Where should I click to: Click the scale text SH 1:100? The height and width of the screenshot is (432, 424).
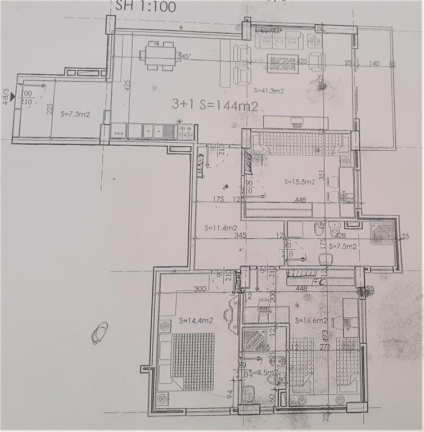(145, 7)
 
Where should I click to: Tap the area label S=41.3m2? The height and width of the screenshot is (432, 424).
(268, 89)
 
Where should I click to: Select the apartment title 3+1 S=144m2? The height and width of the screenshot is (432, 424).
(215, 105)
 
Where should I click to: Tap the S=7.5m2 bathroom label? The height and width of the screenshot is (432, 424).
(343, 246)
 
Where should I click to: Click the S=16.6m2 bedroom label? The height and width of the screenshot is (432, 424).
(310, 320)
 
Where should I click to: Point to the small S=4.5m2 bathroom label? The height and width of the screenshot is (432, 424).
(264, 372)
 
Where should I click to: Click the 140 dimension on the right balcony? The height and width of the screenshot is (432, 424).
(375, 64)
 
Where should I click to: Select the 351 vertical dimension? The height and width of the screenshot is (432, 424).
(322, 175)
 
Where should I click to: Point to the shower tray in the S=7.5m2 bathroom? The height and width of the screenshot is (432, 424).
(384, 232)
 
